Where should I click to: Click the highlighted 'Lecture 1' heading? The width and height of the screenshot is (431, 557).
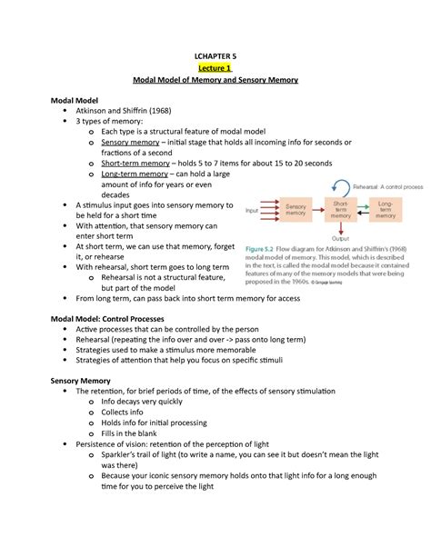point(215,65)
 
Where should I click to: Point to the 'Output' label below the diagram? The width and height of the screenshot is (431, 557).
point(339,240)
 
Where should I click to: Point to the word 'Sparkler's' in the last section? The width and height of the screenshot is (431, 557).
point(125,478)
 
